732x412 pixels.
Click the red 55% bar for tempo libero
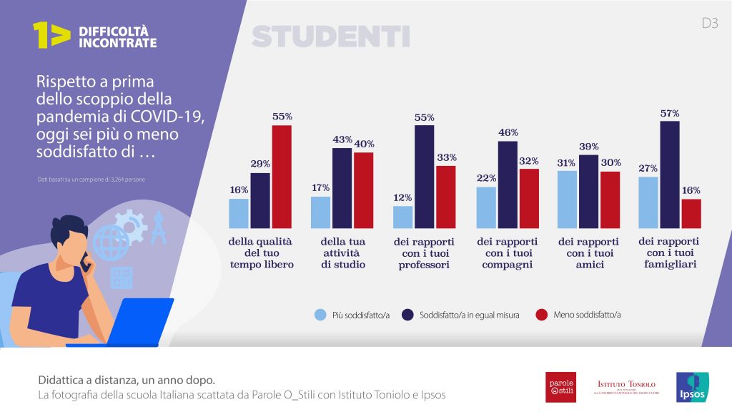coord(282,176)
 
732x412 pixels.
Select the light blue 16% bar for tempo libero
coord(239,212)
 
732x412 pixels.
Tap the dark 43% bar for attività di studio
coord(342,187)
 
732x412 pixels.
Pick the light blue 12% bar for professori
coord(403,216)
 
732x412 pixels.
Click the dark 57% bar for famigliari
coord(670,174)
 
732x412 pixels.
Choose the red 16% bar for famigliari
coord(691,212)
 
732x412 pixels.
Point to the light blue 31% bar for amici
coord(567,198)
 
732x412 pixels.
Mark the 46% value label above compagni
coord(508,132)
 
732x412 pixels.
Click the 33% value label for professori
coord(447,157)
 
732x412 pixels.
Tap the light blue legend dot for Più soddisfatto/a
coord(320,315)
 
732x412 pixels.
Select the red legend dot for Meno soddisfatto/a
coord(541,315)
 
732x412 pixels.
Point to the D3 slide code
coord(709,23)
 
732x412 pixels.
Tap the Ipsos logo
coord(692,387)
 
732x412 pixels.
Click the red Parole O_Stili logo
coord(560,387)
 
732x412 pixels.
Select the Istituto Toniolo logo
coord(625,387)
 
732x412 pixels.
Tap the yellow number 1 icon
coord(50,35)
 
